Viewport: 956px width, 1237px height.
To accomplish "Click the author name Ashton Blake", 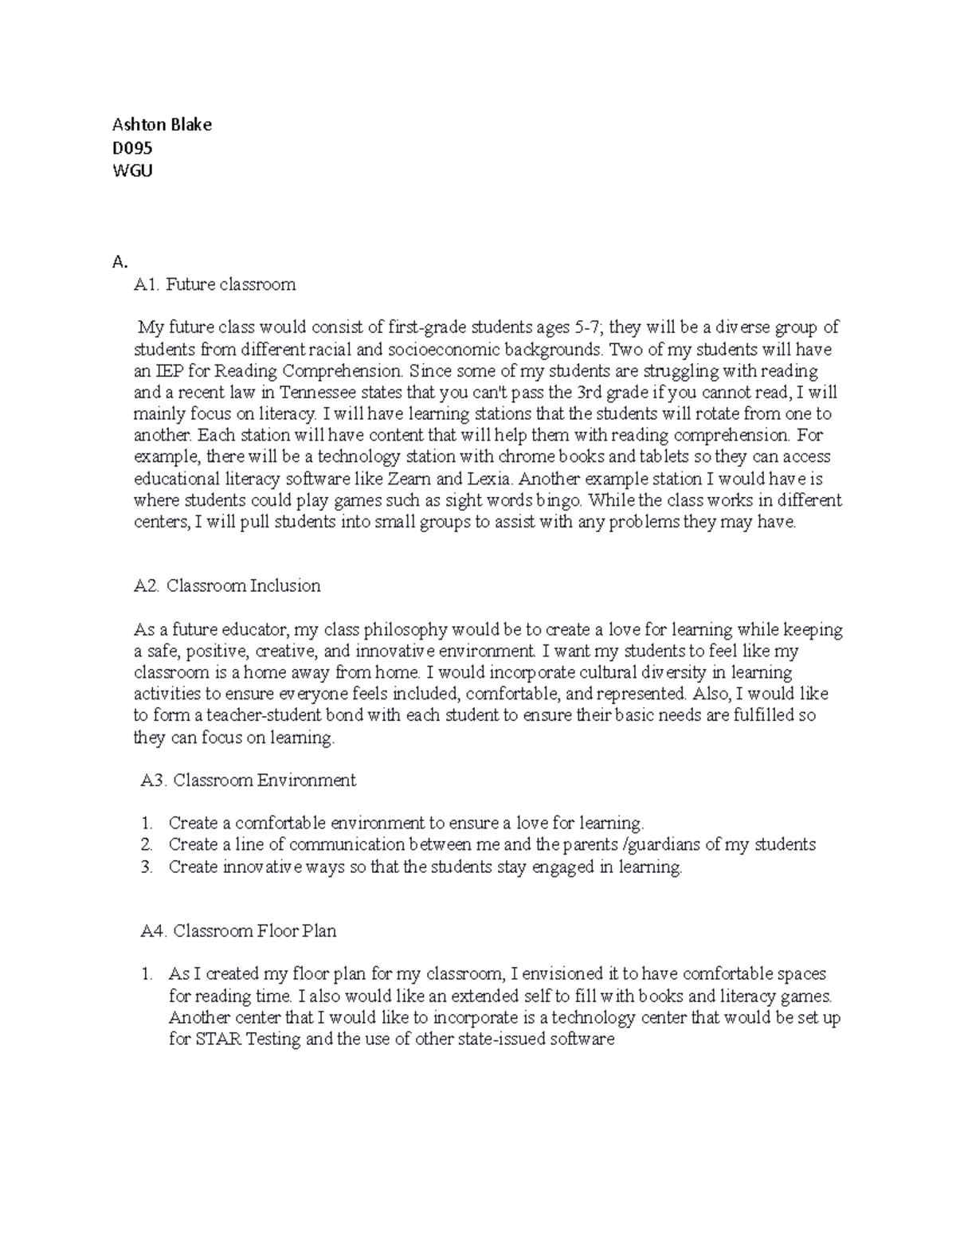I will (x=162, y=124).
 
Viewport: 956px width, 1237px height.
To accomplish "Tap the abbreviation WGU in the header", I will (x=132, y=170).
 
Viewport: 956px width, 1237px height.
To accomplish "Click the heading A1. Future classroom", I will (x=215, y=284).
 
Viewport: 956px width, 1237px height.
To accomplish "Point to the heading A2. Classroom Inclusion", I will (x=227, y=586).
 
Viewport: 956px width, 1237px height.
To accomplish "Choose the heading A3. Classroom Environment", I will (x=248, y=781).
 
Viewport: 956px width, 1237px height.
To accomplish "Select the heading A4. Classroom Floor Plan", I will (x=238, y=930).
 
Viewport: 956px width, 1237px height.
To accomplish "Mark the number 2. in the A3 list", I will (x=146, y=844).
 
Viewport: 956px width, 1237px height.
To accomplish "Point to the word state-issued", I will (x=505, y=1040).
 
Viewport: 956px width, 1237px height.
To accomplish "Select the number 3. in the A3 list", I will (x=146, y=867).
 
